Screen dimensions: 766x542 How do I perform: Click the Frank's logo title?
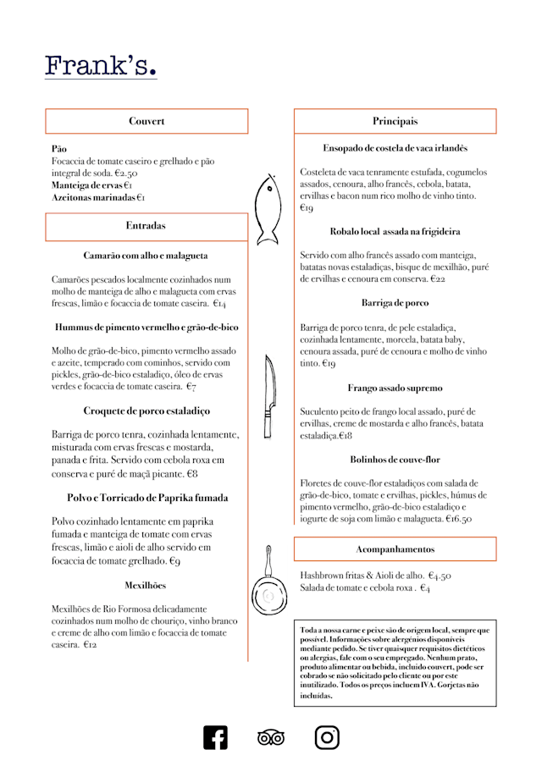(101, 66)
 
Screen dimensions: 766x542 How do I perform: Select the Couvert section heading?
(147, 121)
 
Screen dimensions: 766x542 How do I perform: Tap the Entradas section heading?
(147, 226)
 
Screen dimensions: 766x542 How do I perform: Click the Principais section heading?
(395, 121)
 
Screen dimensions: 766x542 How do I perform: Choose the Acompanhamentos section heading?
(395, 549)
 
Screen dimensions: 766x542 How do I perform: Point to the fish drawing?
(268, 209)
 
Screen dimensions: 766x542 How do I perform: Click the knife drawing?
(269, 395)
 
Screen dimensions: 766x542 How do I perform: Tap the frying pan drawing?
(268, 585)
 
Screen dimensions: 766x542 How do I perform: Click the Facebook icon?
(215, 737)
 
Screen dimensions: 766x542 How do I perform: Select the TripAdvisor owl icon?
(271, 738)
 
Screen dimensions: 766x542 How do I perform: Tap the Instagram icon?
(327, 737)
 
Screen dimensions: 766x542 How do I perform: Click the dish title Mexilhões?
(146, 585)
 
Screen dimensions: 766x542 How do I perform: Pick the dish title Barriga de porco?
(395, 302)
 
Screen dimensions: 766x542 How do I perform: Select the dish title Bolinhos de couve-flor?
(395, 460)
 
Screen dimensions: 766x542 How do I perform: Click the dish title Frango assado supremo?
(395, 389)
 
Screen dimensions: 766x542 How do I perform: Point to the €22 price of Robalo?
(438, 278)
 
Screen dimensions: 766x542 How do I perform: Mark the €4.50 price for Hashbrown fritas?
(440, 576)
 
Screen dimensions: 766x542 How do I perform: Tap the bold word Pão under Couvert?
(59, 148)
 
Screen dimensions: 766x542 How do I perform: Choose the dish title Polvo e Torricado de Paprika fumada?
(147, 498)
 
